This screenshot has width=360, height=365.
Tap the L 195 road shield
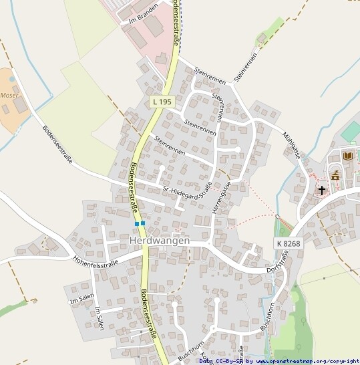(162, 102)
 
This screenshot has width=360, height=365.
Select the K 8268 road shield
(288, 244)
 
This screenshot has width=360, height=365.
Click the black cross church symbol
(322, 190)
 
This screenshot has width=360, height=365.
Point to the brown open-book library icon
(347, 156)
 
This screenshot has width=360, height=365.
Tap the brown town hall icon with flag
(335, 176)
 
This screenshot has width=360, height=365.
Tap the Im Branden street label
(141, 17)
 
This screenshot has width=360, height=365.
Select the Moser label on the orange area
(9, 96)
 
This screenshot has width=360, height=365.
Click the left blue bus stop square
(136, 223)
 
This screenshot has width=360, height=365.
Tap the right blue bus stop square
(142, 223)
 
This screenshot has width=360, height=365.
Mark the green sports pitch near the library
(351, 131)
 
